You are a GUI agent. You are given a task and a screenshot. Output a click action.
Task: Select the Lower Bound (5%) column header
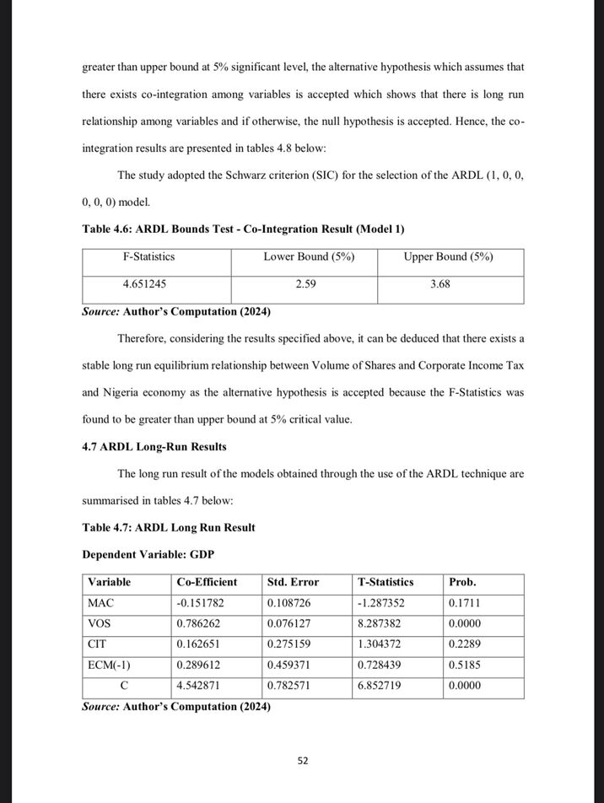pyautogui.click(x=309, y=256)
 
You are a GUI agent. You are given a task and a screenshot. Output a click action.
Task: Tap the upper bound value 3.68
pyautogui.click(x=440, y=285)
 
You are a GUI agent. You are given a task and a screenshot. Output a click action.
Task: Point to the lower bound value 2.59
pyautogui.click(x=305, y=285)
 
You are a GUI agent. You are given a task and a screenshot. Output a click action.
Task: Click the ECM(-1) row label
pyautogui.click(x=108, y=666)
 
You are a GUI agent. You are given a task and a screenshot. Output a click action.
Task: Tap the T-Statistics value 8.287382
pyautogui.click(x=386, y=624)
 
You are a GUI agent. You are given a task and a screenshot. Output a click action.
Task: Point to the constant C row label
pyautogui.click(x=124, y=687)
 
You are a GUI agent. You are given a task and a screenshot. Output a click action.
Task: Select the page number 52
pyautogui.click(x=303, y=761)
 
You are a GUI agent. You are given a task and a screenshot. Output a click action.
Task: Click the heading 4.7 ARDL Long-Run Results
pyautogui.click(x=154, y=447)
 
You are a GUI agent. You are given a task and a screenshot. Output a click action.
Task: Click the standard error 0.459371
pyautogui.click(x=292, y=666)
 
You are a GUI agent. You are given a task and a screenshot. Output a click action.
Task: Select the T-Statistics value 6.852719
pyautogui.click(x=386, y=687)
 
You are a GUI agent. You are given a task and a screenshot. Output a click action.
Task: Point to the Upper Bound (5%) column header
pyautogui.click(x=448, y=256)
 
